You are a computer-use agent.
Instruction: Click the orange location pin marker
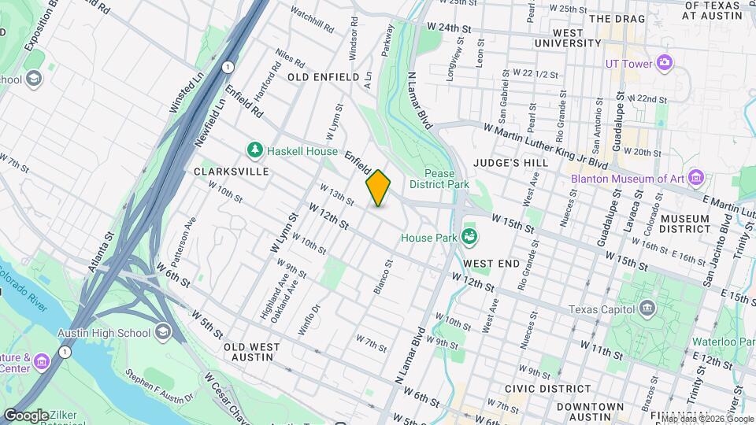pos(378,187)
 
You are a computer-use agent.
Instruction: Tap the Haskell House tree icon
pos(254,150)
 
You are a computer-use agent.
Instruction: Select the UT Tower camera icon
pos(664,62)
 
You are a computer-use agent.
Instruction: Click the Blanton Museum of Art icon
pos(695,178)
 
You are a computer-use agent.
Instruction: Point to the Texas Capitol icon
pos(648,307)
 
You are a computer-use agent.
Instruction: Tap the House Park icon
pos(470,236)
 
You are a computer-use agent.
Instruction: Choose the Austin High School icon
pos(163,332)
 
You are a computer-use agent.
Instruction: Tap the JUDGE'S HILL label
pos(510,163)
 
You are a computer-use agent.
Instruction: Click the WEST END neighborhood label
pos(491,264)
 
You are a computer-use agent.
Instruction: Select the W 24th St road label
pos(449,28)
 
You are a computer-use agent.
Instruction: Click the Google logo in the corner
pos(25,415)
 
